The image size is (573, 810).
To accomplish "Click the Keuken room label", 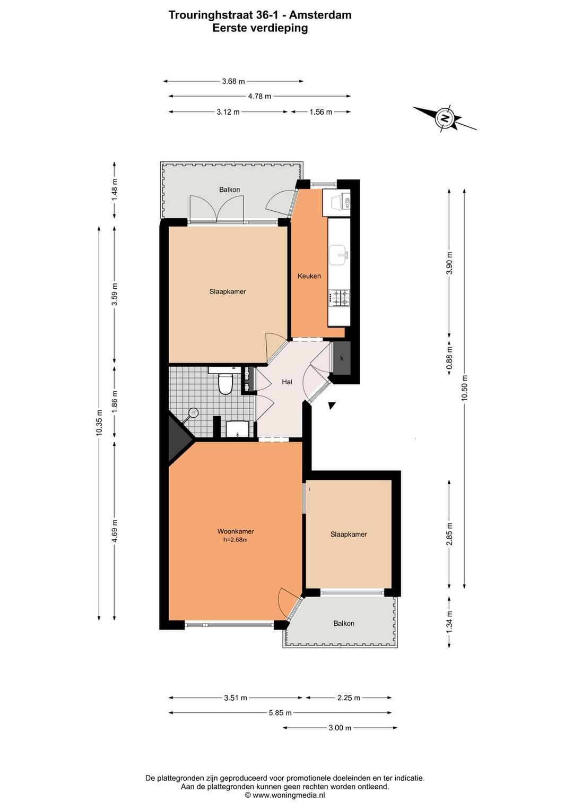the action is pyautogui.click(x=309, y=276).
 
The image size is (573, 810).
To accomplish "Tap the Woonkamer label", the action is pyautogui.click(x=236, y=531).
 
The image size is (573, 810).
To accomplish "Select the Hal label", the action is pyautogui.click(x=287, y=382).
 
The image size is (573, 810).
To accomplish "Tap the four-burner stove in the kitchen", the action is pyautogui.click(x=339, y=297).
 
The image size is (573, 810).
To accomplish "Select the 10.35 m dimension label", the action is pyautogui.click(x=99, y=423).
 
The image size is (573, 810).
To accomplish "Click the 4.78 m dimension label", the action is pyautogui.click(x=259, y=96).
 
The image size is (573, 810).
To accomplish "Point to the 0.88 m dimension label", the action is pyautogui.click(x=449, y=358).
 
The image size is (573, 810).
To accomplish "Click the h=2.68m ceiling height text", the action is pyautogui.click(x=236, y=540).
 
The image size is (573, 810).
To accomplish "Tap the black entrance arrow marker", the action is pyautogui.click(x=332, y=406).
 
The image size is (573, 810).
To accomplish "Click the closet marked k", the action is pyautogui.click(x=342, y=358).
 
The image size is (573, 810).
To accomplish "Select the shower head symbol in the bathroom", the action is pyautogui.click(x=194, y=412).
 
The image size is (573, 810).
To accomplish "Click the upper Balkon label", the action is pyautogui.click(x=229, y=189).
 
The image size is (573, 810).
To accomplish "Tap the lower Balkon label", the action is pyautogui.click(x=344, y=623).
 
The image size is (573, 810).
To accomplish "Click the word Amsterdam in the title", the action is pyautogui.click(x=320, y=15).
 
